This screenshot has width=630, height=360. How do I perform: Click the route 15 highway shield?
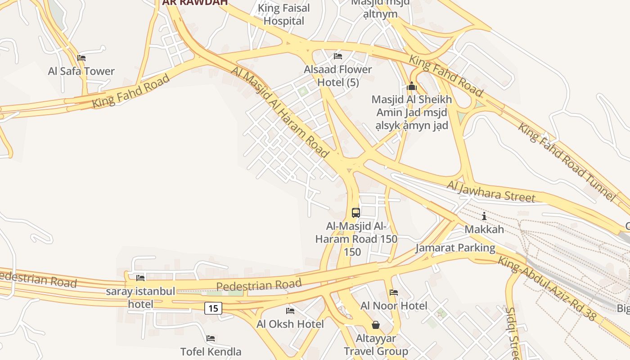(213, 308)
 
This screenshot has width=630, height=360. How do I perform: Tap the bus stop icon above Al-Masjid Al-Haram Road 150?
(356, 212)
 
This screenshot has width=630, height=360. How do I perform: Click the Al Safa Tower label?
(81, 71)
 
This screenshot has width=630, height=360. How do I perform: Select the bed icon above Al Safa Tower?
(81, 58)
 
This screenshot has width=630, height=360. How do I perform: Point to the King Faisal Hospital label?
(284, 14)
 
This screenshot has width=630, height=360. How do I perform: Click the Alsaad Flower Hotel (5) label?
(338, 76)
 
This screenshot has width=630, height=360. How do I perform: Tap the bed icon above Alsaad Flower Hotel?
(338, 56)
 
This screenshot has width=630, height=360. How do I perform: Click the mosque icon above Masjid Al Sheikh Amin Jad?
(411, 86)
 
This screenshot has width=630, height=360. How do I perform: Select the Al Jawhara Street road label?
(491, 191)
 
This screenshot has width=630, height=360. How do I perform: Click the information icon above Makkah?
(484, 216)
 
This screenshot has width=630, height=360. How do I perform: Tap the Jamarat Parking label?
(455, 247)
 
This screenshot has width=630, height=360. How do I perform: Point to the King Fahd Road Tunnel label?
(566, 162)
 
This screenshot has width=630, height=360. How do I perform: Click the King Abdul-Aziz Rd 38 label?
(547, 288)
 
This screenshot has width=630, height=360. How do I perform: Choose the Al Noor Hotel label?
(394, 306)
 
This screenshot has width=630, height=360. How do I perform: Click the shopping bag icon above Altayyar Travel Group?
(376, 325)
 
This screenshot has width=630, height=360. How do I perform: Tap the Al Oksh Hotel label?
(290, 324)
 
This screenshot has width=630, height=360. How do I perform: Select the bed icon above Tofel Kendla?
(211, 338)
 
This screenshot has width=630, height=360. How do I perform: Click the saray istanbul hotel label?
(140, 297)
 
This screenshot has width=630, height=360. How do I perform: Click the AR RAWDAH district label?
(195, 2)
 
